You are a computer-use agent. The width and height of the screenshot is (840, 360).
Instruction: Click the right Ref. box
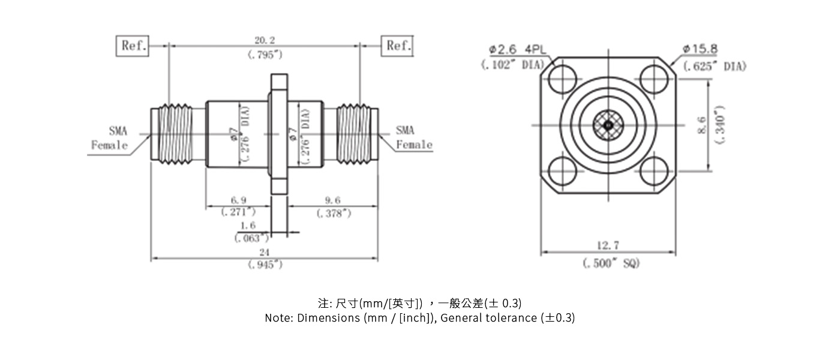click(x=397, y=46)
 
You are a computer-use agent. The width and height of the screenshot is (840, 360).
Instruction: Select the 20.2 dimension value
click(x=265, y=41)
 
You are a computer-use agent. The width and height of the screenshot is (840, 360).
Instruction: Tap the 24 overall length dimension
click(x=265, y=252)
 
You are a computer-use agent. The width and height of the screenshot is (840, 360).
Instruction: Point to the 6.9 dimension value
click(x=238, y=200)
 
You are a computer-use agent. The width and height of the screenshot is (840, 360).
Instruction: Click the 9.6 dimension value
click(x=333, y=200)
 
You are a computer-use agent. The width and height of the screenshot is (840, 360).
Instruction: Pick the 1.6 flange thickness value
click(x=248, y=226)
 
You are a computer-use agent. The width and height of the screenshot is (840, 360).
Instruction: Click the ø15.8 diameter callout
click(x=700, y=49)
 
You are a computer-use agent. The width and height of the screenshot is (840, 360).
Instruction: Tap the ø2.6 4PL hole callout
click(x=514, y=49)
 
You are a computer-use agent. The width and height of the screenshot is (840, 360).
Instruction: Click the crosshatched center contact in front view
click(x=608, y=125)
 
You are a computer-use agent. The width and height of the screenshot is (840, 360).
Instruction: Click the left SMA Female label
click(x=110, y=137)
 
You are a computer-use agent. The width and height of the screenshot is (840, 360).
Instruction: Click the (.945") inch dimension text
click(x=265, y=265)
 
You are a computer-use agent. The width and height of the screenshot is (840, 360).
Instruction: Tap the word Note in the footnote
click(x=278, y=318)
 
